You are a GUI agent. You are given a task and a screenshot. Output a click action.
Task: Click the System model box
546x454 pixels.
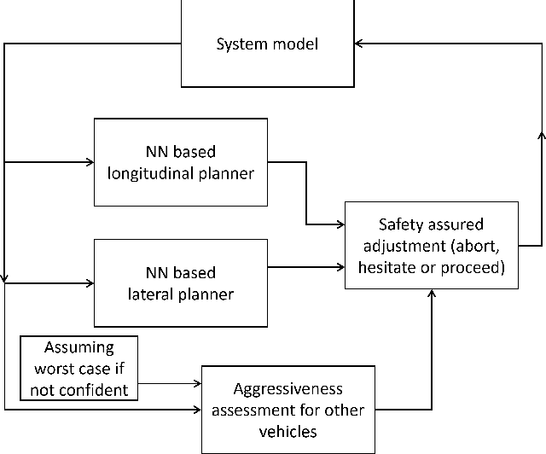(x=267, y=44)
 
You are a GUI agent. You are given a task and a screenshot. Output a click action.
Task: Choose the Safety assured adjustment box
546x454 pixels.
(x=431, y=246)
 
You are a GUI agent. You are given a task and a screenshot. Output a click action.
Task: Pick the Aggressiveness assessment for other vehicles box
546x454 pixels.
(x=286, y=410)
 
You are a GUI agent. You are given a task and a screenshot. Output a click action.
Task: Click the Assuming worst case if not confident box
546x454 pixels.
(x=78, y=369)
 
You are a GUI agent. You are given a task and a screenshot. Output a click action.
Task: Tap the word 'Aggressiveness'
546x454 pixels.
(x=286, y=389)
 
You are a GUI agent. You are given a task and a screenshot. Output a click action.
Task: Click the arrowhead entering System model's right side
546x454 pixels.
(x=359, y=43)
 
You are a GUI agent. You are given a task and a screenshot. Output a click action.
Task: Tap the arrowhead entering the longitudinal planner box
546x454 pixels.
(x=89, y=161)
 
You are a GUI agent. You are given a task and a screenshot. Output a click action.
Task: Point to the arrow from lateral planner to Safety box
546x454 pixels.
(x=307, y=267)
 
